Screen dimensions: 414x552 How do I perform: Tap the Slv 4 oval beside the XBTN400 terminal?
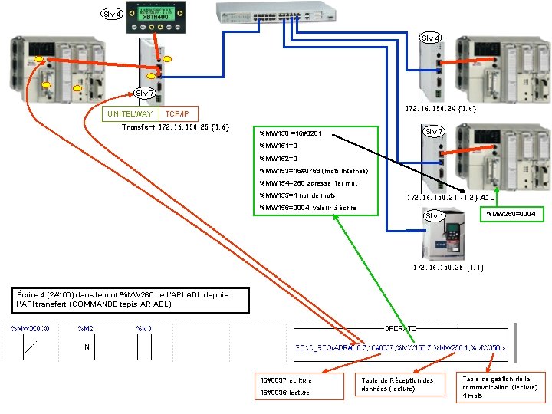click(x=112, y=14)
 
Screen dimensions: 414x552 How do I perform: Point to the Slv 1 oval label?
click(x=435, y=215)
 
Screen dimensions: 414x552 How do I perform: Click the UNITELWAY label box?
click(x=130, y=113)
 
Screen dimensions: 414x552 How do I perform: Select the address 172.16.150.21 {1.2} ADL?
click(x=451, y=198)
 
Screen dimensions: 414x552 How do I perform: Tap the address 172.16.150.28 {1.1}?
click(x=449, y=268)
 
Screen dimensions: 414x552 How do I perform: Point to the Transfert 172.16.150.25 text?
click(x=176, y=127)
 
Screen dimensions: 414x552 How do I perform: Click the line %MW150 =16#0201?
click(x=291, y=134)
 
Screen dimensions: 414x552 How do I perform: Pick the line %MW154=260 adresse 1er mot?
click(x=307, y=183)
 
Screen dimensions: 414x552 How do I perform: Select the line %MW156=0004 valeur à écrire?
click(x=307, y=208)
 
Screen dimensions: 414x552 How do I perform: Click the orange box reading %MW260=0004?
click(x=511, y=213)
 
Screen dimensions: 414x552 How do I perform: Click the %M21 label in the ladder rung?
click(x=85, y=328)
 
